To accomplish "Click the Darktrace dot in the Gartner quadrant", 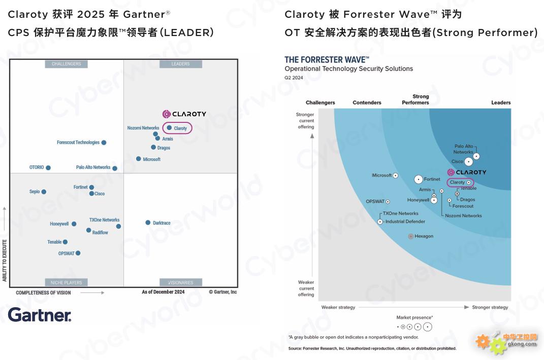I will (148, 223).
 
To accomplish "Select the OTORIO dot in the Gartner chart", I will (48, 168).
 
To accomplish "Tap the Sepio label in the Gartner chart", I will (35, 192).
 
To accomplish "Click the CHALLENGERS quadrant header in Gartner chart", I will (66, 64).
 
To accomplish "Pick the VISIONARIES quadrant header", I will (180, 282).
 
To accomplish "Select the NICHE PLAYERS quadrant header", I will (66, 282).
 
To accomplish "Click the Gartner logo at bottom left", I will (40, 315).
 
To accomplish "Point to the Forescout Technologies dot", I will (104, 143).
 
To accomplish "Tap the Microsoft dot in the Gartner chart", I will (138, 159).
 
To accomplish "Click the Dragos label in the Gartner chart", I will (164, 148).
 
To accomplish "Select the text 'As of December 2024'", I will (163, 292).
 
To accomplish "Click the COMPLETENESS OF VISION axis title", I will (44, 293).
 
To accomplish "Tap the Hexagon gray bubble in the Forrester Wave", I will (411, 237).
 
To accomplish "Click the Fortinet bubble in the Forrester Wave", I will (419, 179).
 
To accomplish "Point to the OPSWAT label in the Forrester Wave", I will (375, 202).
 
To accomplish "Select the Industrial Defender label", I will (405, 222).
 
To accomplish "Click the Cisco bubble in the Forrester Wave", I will (468, 162).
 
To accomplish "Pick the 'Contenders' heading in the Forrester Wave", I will (367, 103).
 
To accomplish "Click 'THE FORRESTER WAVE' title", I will (327, 60).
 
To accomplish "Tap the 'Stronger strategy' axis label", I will (490, 307).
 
